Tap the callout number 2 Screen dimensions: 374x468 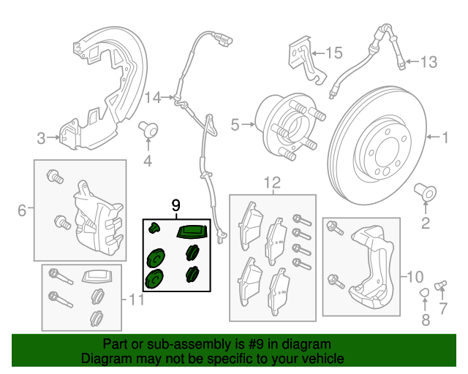(424, 223)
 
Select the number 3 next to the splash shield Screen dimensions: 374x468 (42, 137)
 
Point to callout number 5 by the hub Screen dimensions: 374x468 (235, 125)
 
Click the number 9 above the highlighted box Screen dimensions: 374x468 (175, 206)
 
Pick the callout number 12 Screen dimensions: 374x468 (272, 183)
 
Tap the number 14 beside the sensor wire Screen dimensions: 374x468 (152, 97)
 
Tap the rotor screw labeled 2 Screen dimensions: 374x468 (425, 194)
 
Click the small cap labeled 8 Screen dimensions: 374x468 (423, 294)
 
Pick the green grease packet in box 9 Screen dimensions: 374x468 (192, 232)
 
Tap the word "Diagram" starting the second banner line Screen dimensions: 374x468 (107, 359)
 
